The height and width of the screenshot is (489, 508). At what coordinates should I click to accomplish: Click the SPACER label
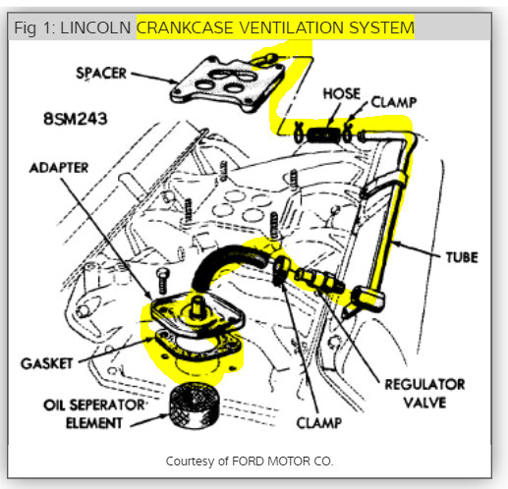click(x=101, y=73)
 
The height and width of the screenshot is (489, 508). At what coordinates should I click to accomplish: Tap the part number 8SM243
click(x=76, y=118)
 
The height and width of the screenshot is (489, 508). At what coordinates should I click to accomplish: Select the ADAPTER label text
click(x=59, y=168)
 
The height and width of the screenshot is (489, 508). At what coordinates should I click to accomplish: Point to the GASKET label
click(x=47, y=363)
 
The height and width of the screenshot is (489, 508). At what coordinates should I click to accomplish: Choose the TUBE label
click(x=462, y=257)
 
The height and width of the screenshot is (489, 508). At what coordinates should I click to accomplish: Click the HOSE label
click(x=342, y=93)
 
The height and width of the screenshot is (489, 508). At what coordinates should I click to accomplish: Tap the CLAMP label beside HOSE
click(x=394, y=102)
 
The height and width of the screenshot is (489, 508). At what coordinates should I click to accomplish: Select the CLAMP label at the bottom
click(x=319, y=423)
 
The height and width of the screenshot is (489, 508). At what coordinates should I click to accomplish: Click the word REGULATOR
click(x=424, y=384)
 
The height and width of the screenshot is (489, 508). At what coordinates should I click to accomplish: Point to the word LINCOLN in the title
click(x=95, y=27)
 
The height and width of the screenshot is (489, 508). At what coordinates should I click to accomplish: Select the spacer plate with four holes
click(x=228, y=83)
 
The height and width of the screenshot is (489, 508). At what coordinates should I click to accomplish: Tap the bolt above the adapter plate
click(x=162, y=281)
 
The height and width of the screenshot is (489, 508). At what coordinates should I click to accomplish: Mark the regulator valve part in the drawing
click(x=319, y=279)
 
